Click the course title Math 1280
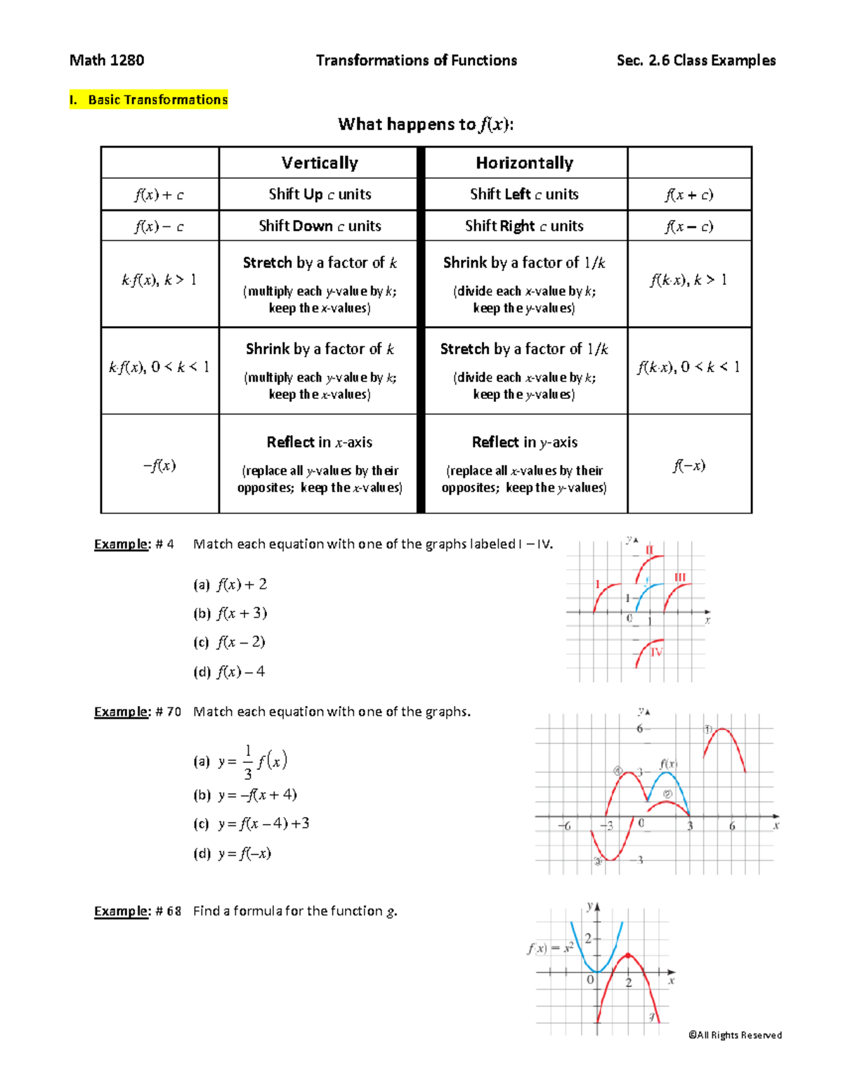coord(107,60)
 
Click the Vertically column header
coord(320,163)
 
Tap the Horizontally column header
coord(525,163)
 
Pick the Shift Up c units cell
coord(320,195)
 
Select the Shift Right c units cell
coord(524,226)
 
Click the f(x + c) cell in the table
coord(689,195)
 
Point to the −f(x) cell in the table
coord(159,465)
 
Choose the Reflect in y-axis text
coord(525,443)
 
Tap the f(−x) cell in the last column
coord(689,465)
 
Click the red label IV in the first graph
coord(656,653)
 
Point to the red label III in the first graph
coord(680,577)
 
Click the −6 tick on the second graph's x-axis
coord(564,826)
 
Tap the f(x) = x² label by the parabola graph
coord(551,948)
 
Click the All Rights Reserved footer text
coord(735,1035)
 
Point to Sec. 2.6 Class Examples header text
coord(695,60)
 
